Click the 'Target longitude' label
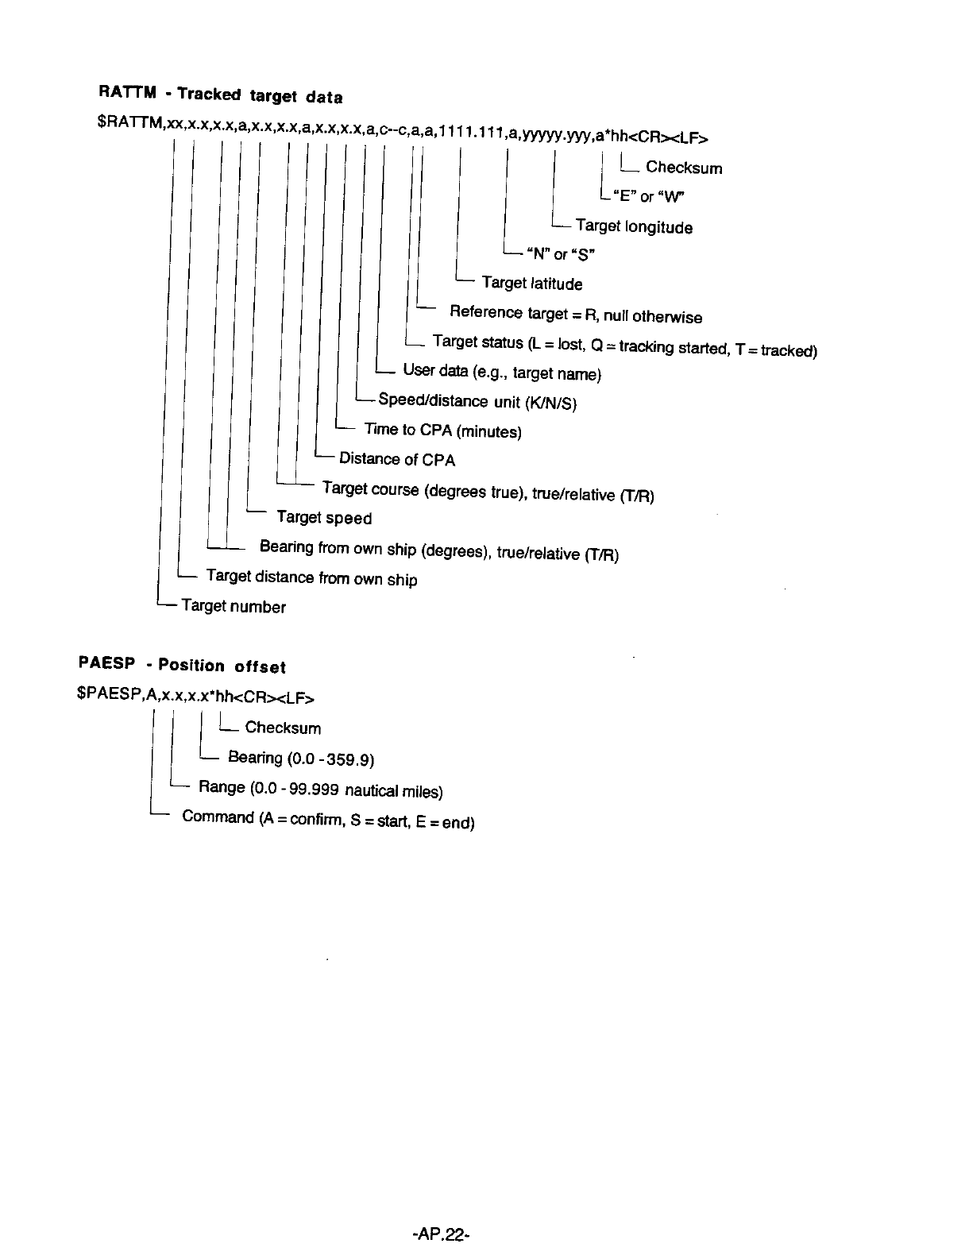click(634, 227)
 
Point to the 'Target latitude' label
click(531, 284)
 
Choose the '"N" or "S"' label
click(560, 254)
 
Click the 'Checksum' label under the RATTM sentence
click(684, 168)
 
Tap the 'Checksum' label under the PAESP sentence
click(283, 728)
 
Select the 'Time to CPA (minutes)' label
click(442, 431)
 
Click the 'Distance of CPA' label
click(397, 459)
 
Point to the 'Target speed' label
click(324, 518)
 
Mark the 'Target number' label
click(234, 607)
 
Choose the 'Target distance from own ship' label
click(311, 577)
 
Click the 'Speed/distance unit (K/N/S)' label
click(477, 401)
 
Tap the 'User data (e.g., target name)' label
click(502, 372)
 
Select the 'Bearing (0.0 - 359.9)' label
click(301, 759)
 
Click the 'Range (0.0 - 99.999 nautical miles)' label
click(320, 789)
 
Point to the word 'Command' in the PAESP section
click(218, 817)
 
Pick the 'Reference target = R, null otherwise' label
click(575, 315)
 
